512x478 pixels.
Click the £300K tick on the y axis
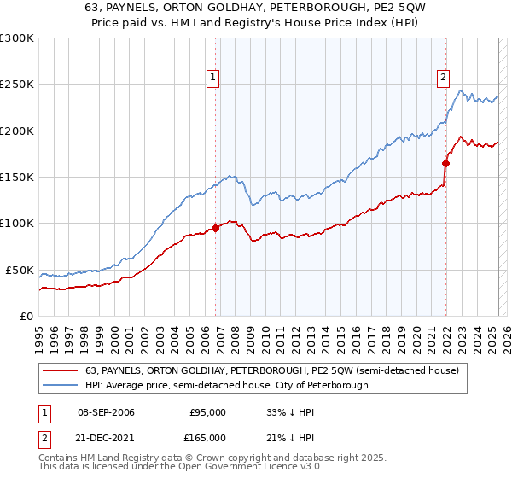pyautogui.click(x=17, y=38)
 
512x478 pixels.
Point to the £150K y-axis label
pyautogui.click(x=17, y=178)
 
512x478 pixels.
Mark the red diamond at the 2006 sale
pyautogui.click(x=215, y=228)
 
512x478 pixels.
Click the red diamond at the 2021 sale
pyautogui.click(x=446, y=163)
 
